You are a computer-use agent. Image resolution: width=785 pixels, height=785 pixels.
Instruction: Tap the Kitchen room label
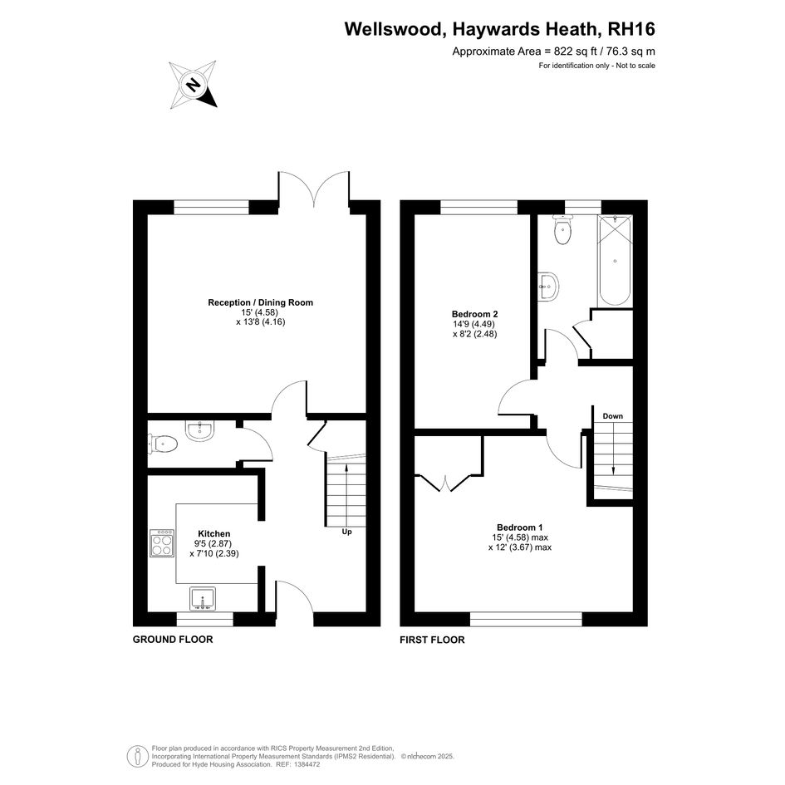(x=213, y=533)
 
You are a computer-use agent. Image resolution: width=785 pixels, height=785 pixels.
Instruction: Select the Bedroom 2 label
(x=474, y=314)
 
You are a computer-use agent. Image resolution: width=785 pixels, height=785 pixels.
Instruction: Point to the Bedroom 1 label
(x=520, y=527)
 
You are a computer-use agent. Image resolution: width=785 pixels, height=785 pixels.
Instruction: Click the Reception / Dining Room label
(x=260, y=302)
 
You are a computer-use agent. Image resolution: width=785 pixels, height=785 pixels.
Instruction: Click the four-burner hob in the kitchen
(x=162, y=543)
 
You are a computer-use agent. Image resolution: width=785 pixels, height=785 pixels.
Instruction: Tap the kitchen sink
(x=203, y=599)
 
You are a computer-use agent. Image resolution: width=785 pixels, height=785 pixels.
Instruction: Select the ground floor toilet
(x=163, y=444)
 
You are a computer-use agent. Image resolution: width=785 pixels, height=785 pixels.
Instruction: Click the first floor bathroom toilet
(x=562, y=230)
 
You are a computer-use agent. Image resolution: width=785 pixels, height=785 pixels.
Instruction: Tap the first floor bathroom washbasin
(x=548, y=287)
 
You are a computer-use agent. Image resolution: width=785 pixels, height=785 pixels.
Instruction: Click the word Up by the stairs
(x=346, y=532)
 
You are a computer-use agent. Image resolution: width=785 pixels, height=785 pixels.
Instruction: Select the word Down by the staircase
(x=613, y=416)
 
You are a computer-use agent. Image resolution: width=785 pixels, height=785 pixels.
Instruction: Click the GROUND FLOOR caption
(x=173, y=640)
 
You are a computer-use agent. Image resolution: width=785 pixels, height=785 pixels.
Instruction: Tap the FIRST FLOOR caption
(x=432, y=640)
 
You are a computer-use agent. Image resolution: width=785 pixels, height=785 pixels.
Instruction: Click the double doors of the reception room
(x=314, y=189)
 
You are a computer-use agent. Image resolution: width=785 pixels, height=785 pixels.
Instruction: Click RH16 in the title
(x=630, y=29)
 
